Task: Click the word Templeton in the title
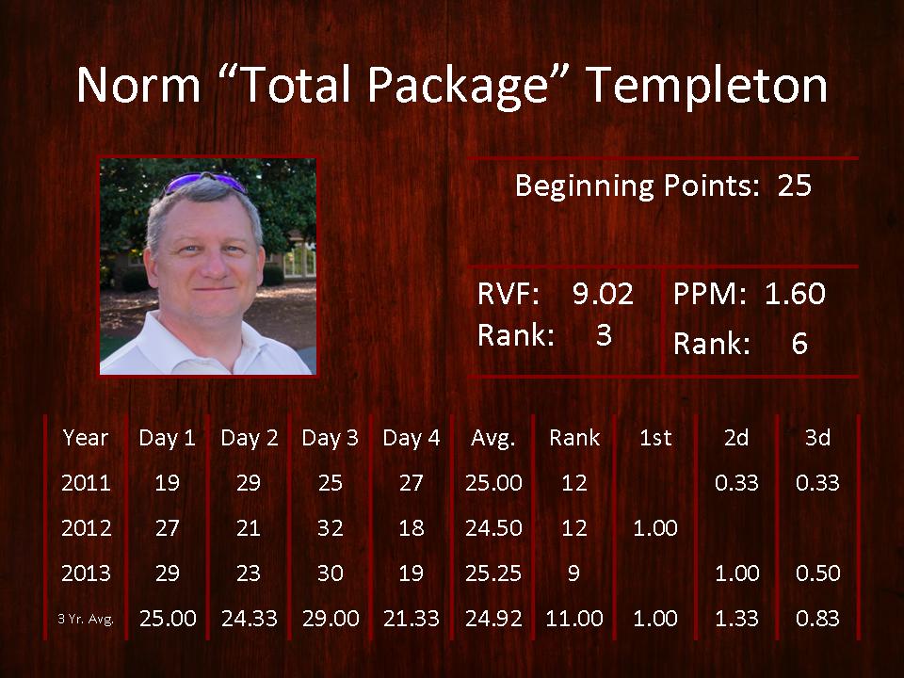point(707,86)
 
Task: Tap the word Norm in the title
point(138,86)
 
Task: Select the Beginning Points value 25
point(795,186)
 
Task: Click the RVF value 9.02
point(603,294)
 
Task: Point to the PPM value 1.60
point(795,294)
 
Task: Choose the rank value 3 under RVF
point(604,335)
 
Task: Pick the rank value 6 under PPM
point(799,343)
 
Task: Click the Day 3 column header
point(330,438)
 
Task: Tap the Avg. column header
point(492,439)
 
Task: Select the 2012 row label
point(86,528)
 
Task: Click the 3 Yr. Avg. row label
point(86,620)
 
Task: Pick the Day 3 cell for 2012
point(330,528)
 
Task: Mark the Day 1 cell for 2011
point(168,482)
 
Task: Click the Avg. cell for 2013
point(492,573)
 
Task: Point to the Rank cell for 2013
point(573,573)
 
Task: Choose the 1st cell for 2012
point(655,528)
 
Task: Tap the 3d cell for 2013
point(817,573)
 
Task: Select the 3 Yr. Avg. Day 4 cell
point(412,619)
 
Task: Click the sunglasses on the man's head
point(205,182)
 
